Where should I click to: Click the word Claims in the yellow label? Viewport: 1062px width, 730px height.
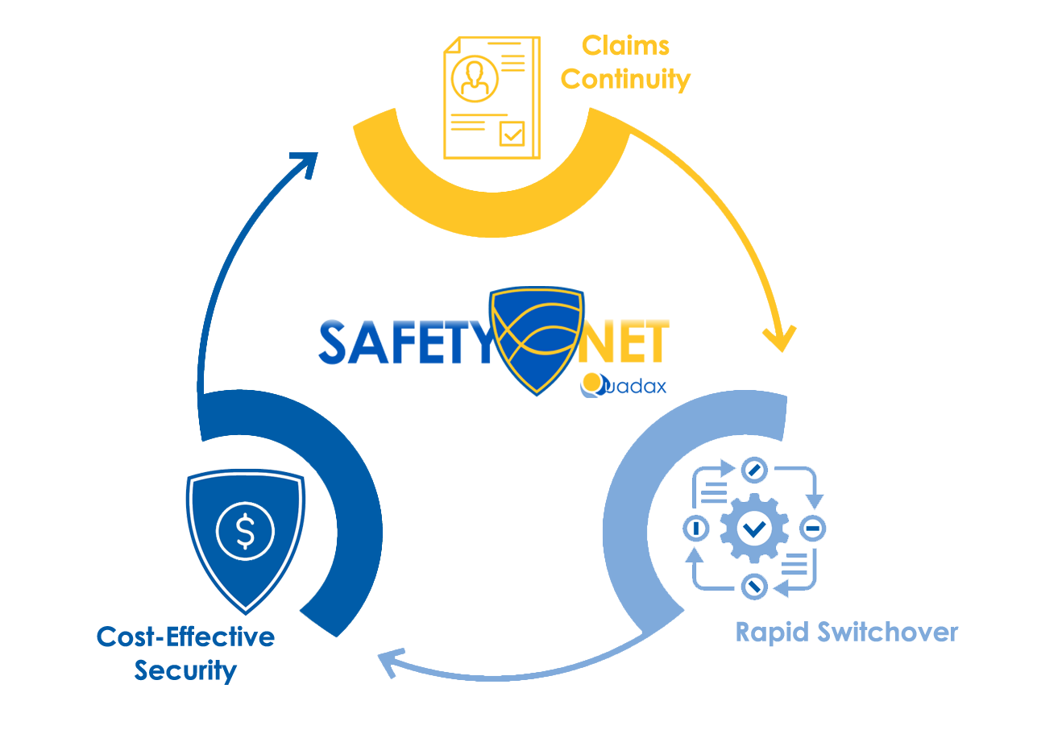tap(625, 46)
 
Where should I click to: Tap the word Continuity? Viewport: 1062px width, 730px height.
tap(625, 80)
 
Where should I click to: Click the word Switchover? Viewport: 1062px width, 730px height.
tap(887, 633)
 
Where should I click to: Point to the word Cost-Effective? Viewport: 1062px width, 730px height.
tap(185, 637)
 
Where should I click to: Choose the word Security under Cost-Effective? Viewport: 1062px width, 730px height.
tap(185, 670)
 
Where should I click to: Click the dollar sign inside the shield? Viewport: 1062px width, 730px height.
tap(245, 532)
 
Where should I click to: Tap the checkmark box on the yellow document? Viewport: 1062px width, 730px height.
tap(512, 134)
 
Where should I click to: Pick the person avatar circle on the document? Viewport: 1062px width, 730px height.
tap(475, 77)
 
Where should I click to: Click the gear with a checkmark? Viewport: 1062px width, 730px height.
tap(754, 529)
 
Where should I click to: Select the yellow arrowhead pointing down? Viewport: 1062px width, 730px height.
tap(779, 338)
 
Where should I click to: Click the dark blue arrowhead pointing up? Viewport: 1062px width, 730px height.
tap(305, 164)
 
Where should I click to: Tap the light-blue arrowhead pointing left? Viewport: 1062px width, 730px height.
tap(389, 662)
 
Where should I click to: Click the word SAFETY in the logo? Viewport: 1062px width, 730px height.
tap(403, 343)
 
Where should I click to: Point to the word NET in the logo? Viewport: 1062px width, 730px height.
tap(624, 342)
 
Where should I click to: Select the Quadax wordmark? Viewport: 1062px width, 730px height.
tap(624, 386)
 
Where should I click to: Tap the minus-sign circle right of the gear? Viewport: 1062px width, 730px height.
tap(813, 529)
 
